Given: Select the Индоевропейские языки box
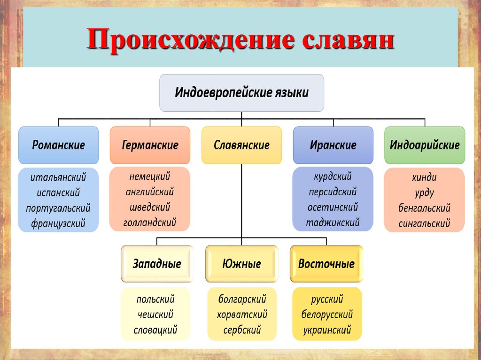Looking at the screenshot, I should point(241,92).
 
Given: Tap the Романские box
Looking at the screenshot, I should point(58,145).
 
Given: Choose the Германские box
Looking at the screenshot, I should point(150,145).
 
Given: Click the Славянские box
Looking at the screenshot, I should point(241,145).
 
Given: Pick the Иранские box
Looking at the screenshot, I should point(333,145).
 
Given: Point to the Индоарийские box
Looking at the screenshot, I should point(424,145).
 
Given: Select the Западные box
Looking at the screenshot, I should point(157,264).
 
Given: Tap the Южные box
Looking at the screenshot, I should point(241,264).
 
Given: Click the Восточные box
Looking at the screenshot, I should point(326,264).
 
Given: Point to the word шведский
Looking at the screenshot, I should point(150,207).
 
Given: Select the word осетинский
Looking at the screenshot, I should point(333,207).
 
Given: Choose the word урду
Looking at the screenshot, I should point(424,192).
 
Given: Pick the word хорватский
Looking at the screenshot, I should point(242,314).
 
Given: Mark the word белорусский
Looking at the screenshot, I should point(327,314).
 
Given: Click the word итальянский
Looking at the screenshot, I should point(58,177).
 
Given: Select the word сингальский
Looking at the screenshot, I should point(424,223).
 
